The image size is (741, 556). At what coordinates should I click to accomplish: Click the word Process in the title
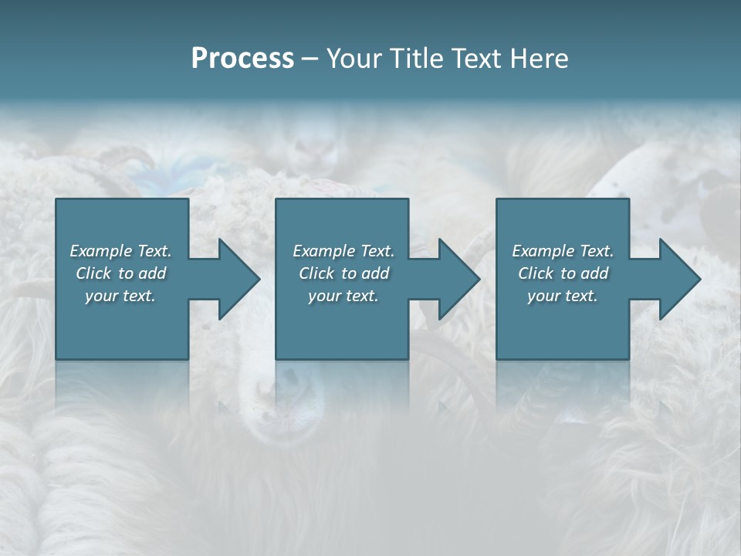[242, 59]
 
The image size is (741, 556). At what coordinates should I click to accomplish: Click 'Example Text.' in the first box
[121, 251]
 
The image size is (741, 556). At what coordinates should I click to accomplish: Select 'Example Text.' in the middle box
[343, 251]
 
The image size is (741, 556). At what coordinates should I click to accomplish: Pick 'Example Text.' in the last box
[563, 251]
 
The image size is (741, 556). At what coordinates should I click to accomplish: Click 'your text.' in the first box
[120, 296]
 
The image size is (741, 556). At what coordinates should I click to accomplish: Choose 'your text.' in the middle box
[343, 296]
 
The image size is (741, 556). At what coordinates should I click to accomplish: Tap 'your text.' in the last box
[563, 296]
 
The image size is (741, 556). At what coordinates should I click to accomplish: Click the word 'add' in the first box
[152, 273]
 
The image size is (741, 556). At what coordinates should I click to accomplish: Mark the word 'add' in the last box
[594, 273]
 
